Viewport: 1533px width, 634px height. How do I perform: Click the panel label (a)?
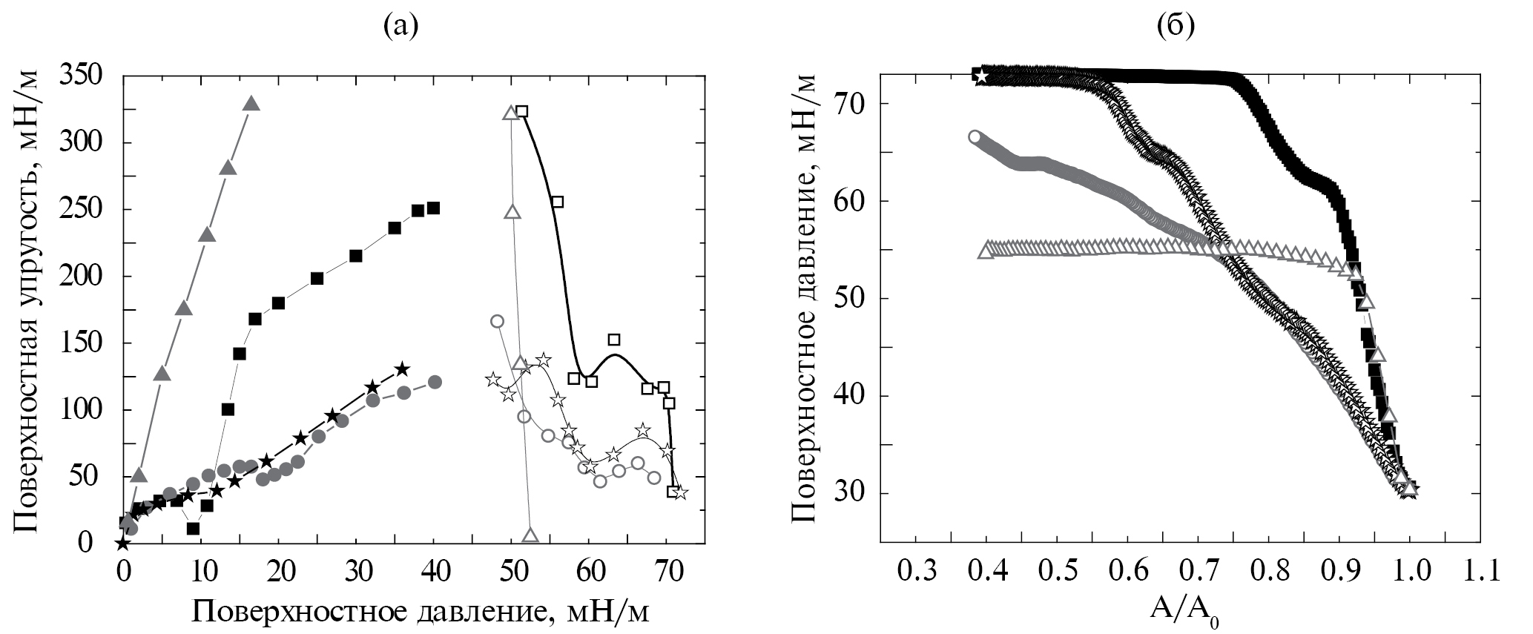pos(401,27)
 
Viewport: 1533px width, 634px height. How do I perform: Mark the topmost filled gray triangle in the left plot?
pos(251,104)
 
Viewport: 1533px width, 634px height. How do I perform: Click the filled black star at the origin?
pos(123,544)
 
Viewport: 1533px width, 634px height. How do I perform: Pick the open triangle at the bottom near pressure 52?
pos(530,535)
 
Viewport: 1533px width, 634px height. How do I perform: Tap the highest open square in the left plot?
pos(521,111)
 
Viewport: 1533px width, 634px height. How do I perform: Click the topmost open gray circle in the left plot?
pos(498,321)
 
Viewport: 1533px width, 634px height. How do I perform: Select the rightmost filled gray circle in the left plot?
pos(435,382)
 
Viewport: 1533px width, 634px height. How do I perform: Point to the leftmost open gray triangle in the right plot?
pos(986,251)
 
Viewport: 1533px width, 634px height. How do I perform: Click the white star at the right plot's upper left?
pos(981,75)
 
